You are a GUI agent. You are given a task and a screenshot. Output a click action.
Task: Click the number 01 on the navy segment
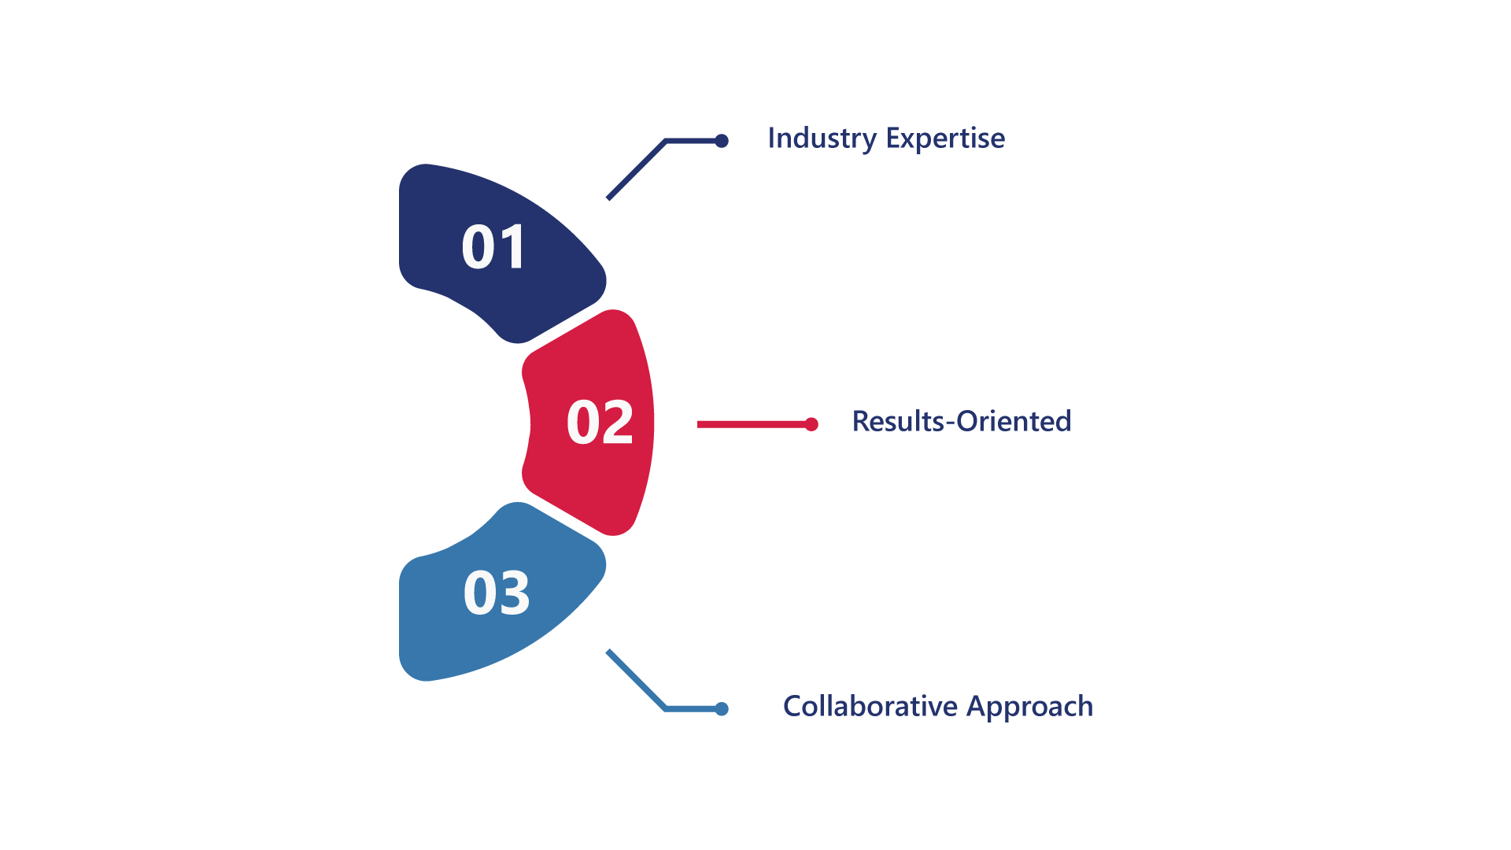(x=493, y=247)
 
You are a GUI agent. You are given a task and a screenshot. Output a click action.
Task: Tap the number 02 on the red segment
(x=600, y=423)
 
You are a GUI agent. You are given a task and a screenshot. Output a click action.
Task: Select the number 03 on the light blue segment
(x=497, y=593)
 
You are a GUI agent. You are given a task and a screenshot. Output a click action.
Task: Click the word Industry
(x=822, y=139)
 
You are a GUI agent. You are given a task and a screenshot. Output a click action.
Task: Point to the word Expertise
(x=945, y=139)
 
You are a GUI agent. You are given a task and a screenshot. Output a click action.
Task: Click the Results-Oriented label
(x=962, y=421)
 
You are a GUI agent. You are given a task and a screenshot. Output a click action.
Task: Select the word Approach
(x=1030, y=708)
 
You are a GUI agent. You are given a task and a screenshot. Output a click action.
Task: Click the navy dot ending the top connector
(x=722, y=141)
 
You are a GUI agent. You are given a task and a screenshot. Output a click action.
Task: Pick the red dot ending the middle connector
(x=811, y=424)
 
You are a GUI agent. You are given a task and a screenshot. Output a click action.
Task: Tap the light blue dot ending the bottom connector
(x=722, y=709)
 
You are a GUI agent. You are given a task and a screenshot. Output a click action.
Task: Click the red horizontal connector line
(x=751, y=424)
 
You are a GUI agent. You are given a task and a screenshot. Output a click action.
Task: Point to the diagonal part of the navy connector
(x=637, y=170)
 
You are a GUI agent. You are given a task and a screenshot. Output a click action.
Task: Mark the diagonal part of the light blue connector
(x=637, y=680)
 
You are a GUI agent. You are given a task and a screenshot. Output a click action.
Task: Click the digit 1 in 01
(x=512, y=247)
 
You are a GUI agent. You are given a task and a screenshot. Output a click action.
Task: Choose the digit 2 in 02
(x=618, y=422)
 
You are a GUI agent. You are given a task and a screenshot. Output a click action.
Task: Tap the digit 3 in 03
(x=515, y=593)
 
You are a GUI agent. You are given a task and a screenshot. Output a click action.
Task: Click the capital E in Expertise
(x=894, y=138)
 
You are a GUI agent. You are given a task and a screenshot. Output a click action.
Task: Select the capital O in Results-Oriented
(x=969, y=421)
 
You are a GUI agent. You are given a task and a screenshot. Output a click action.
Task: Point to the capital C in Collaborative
(x=793, y=706)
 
